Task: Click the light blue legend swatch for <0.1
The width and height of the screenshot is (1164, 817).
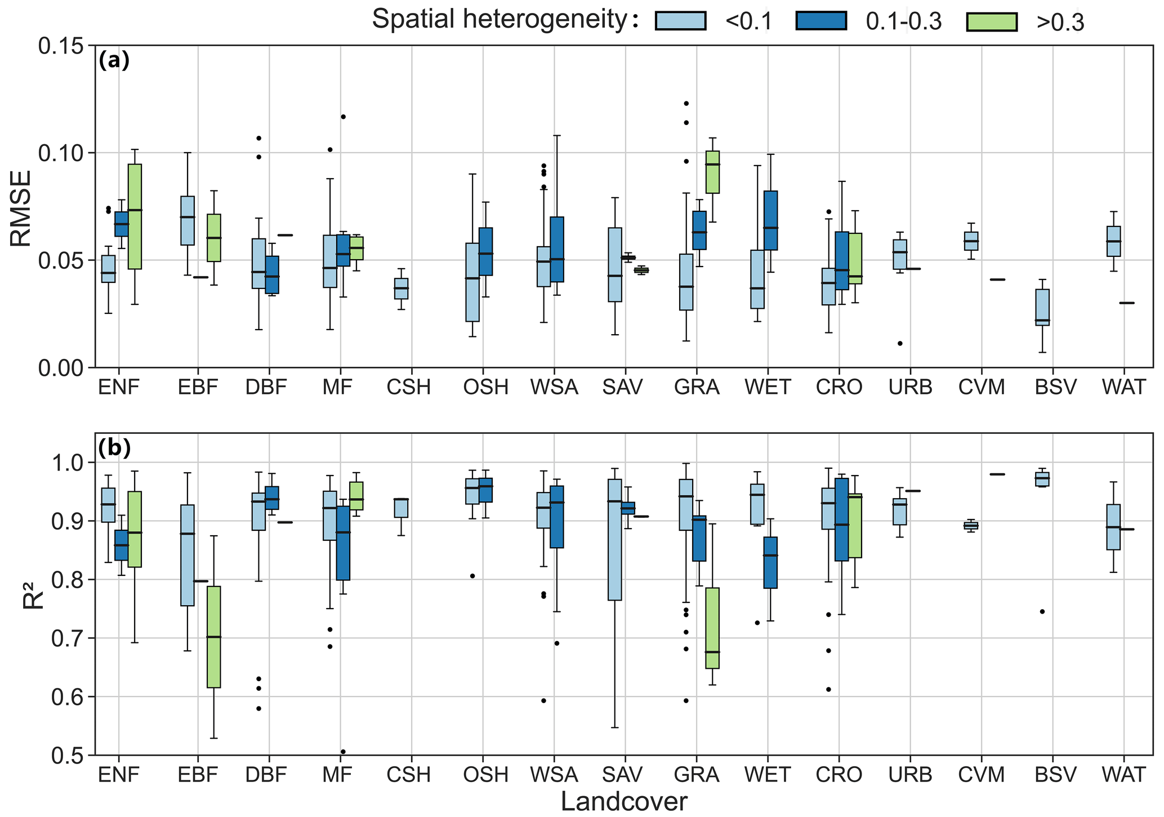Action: (680, 21)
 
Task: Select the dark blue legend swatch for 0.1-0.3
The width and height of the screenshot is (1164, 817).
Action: (821, 21)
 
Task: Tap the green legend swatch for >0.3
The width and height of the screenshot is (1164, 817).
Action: (992, 21)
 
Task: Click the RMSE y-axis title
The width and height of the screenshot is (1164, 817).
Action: (21, 207)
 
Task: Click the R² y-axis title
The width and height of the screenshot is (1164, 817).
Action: (33, 595)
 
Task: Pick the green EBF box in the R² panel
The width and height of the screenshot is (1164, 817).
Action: (213, 637)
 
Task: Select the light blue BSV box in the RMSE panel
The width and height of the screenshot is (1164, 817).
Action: (1042, 308)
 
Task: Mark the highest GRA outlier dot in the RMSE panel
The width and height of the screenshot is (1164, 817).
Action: (686, 103)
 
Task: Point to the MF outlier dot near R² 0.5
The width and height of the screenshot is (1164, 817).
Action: (343, 752)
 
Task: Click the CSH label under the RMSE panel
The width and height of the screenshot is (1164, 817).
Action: (409, 388)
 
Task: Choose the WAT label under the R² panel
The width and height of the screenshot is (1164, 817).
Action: (1124, 775)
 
